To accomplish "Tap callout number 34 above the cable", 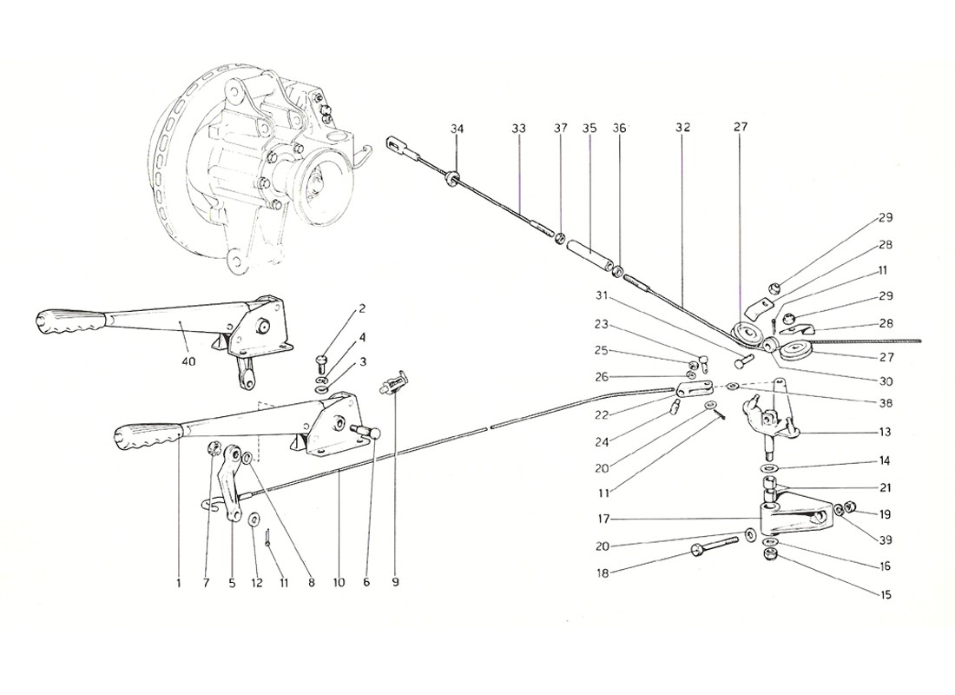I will point(458,129).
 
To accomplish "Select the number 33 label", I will point(518,129).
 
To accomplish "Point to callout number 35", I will point(589,129).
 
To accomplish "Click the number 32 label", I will point(682,129).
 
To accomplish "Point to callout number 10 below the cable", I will point(338,584).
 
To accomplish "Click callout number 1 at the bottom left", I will point(178,584).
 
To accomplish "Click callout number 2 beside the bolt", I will point(362,309).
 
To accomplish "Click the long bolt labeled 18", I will point(717,545).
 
